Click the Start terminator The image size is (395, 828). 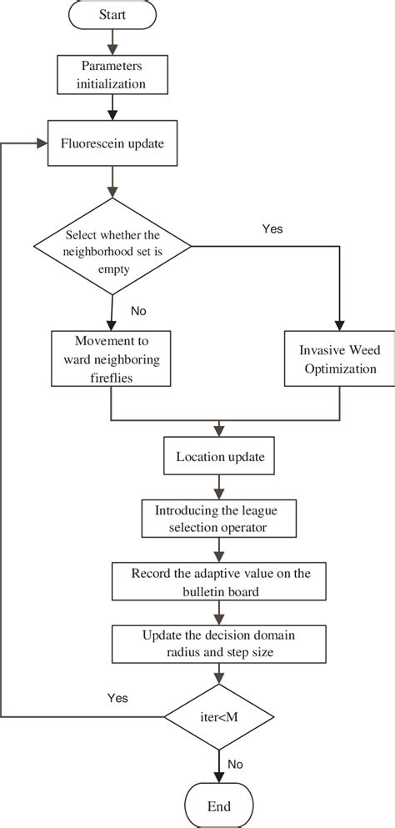[112, 15]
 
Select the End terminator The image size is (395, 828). [218, 806]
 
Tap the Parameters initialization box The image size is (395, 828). [112, 75]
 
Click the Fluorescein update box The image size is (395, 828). [112, 143]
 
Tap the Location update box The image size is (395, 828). [218, 456]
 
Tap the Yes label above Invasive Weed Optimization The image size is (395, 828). [272, 227]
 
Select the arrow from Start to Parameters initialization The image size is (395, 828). [112, 42]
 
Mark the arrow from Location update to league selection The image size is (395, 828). [218, 485]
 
